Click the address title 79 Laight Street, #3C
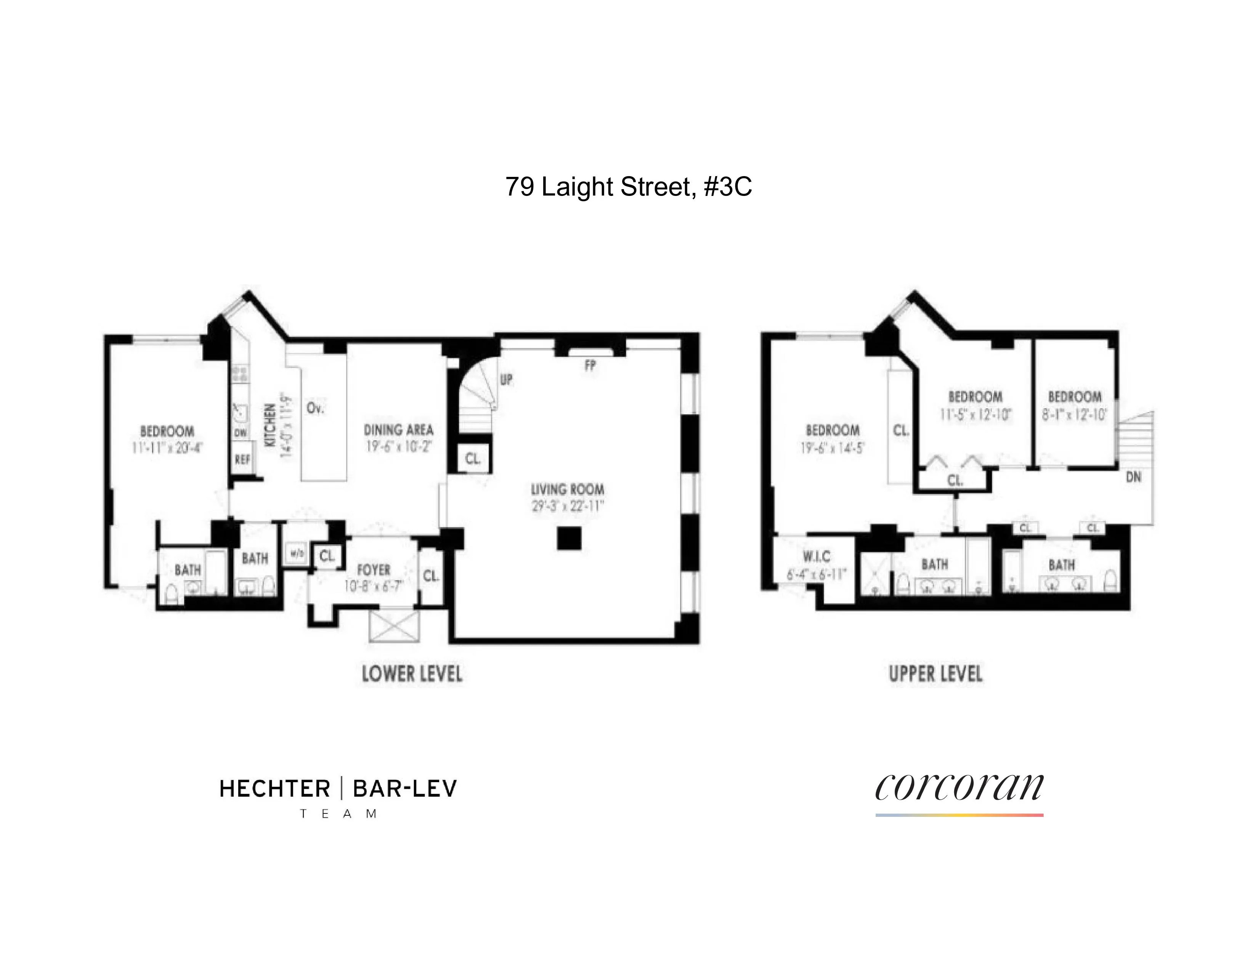click(x=628, y=187)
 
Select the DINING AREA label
click(x=399, y=430)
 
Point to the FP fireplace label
click(x=590, y=365)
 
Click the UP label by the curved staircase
click(x=506, y=380)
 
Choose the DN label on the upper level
click(x=1133, y=477)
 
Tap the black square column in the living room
click(x=569, y=538)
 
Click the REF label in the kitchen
click(x=242, y=460)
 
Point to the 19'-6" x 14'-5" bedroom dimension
click(x=832, y=448)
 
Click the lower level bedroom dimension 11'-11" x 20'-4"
click(x=167, y=448)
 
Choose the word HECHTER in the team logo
click(x=275, y=788)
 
